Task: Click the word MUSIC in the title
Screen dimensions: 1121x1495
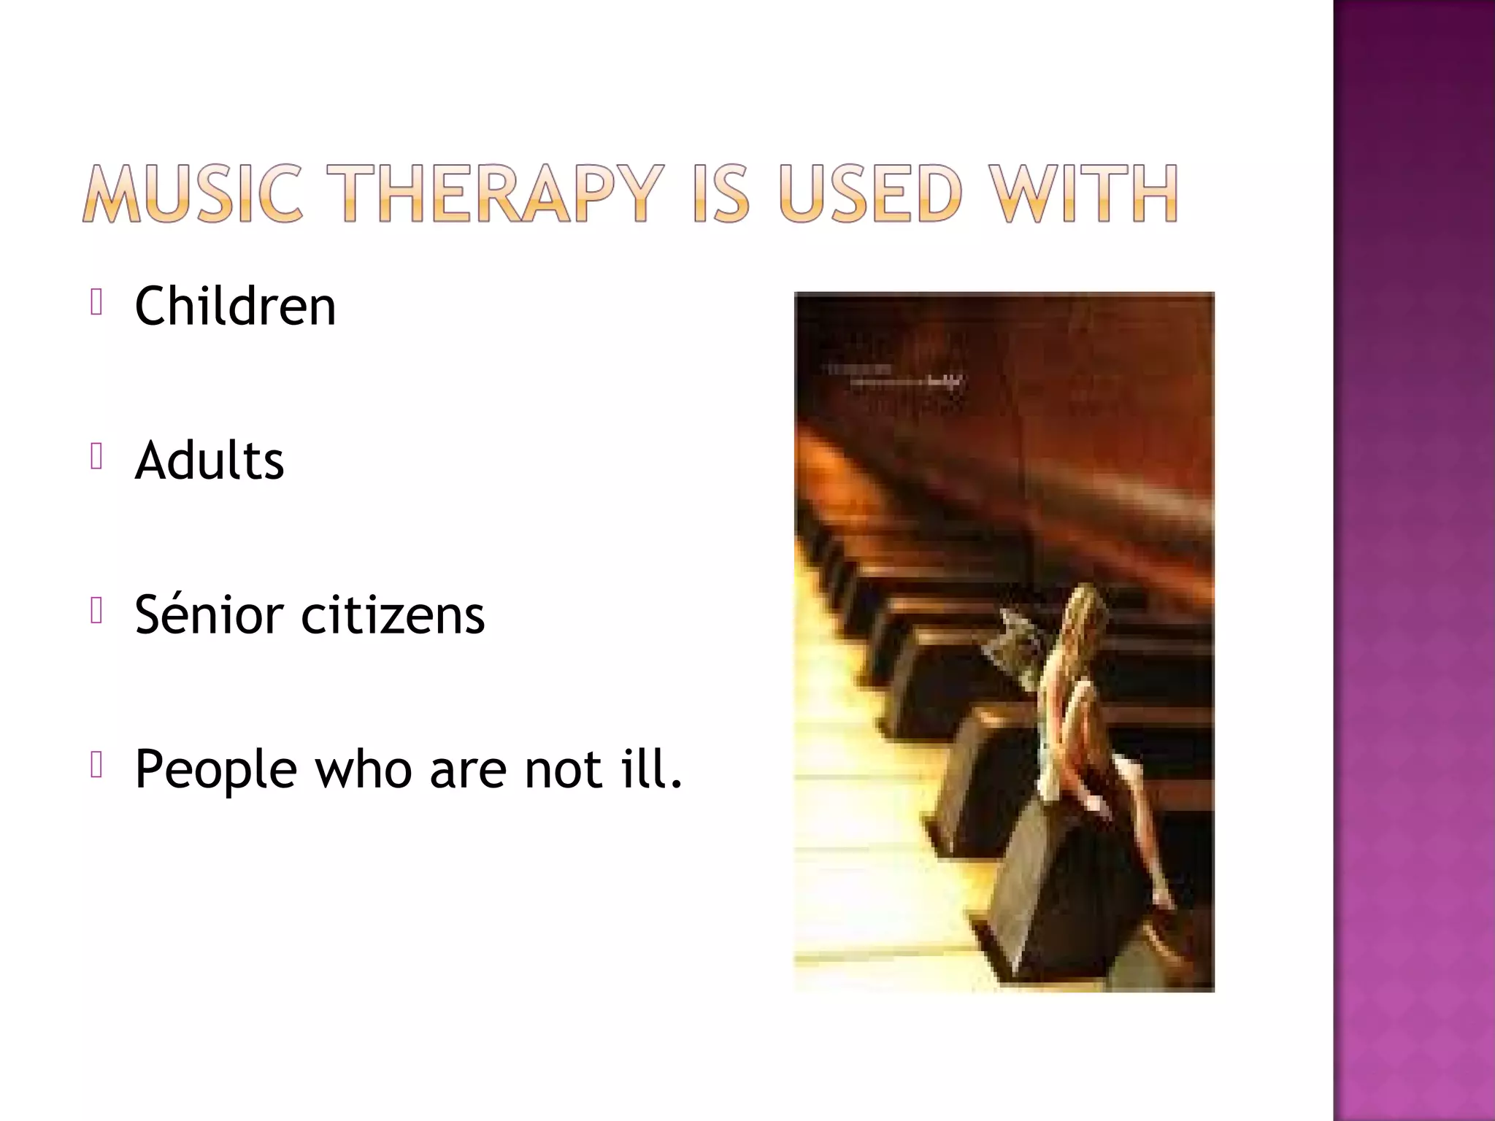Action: (192, 194)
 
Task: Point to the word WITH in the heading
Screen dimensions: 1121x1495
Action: (1083, 194)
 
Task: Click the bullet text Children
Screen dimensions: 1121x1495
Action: (235, 307)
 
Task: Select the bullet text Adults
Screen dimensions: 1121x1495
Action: (210, 461)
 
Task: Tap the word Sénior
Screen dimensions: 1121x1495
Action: (208, 615)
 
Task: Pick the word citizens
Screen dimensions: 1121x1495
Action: (393, 615)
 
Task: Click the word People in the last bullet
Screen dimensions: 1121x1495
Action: (215, 770)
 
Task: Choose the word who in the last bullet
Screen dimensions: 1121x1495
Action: (363, 770)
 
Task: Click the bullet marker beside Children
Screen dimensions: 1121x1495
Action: (96, 301)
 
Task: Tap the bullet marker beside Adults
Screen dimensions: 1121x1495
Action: (96, 456)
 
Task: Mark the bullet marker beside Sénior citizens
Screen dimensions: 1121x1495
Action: (96, 611)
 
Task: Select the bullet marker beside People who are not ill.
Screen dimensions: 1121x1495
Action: (96, 765)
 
